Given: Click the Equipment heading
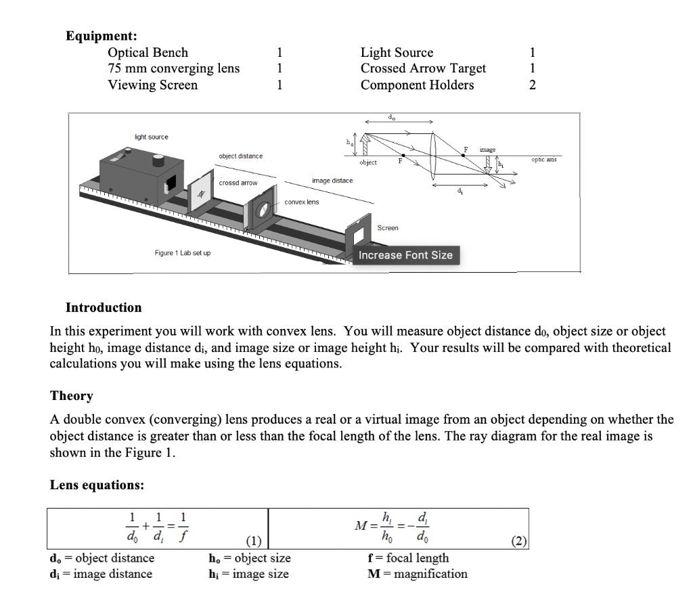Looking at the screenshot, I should pyautogui.click(x=102, y=36).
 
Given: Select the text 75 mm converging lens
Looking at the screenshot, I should pyautogui.click(x=173, y=68).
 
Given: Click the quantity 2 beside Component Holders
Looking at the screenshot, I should pyautogui.click(x=532, y=85).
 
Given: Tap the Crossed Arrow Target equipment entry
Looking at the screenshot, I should pyautogui.click(x=423, y=68).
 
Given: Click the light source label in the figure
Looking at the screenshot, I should pyautogui.click(x=151, y=137).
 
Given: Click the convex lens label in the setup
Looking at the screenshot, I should pyautogui.click(x=301, y=202).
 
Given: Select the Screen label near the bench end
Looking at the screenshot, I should pyautogui.click(x=388, y=228).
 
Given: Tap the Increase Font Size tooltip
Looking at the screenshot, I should pyautogui.click(x=405, y=255).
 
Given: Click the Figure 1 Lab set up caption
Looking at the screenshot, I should pyautogui.click(x=182, y=253).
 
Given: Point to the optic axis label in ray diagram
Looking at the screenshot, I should pyautogui.click(x=545, y=160).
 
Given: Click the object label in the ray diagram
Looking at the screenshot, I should pyautogui.click(x=368, y=163).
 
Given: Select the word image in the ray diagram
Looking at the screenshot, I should pyautogui.click(x=487, y=149).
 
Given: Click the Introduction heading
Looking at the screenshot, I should pyautogui.click(x=104, y=308).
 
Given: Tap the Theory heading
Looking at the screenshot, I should pyautogui.click(x=72, y=396).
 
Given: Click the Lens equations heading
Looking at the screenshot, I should pyautogui.click(x=96, y=485).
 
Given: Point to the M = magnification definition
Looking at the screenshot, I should pyautogui.click(x=417, y=574).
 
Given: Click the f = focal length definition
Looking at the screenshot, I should pyautogui.click(x=407, y=558).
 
